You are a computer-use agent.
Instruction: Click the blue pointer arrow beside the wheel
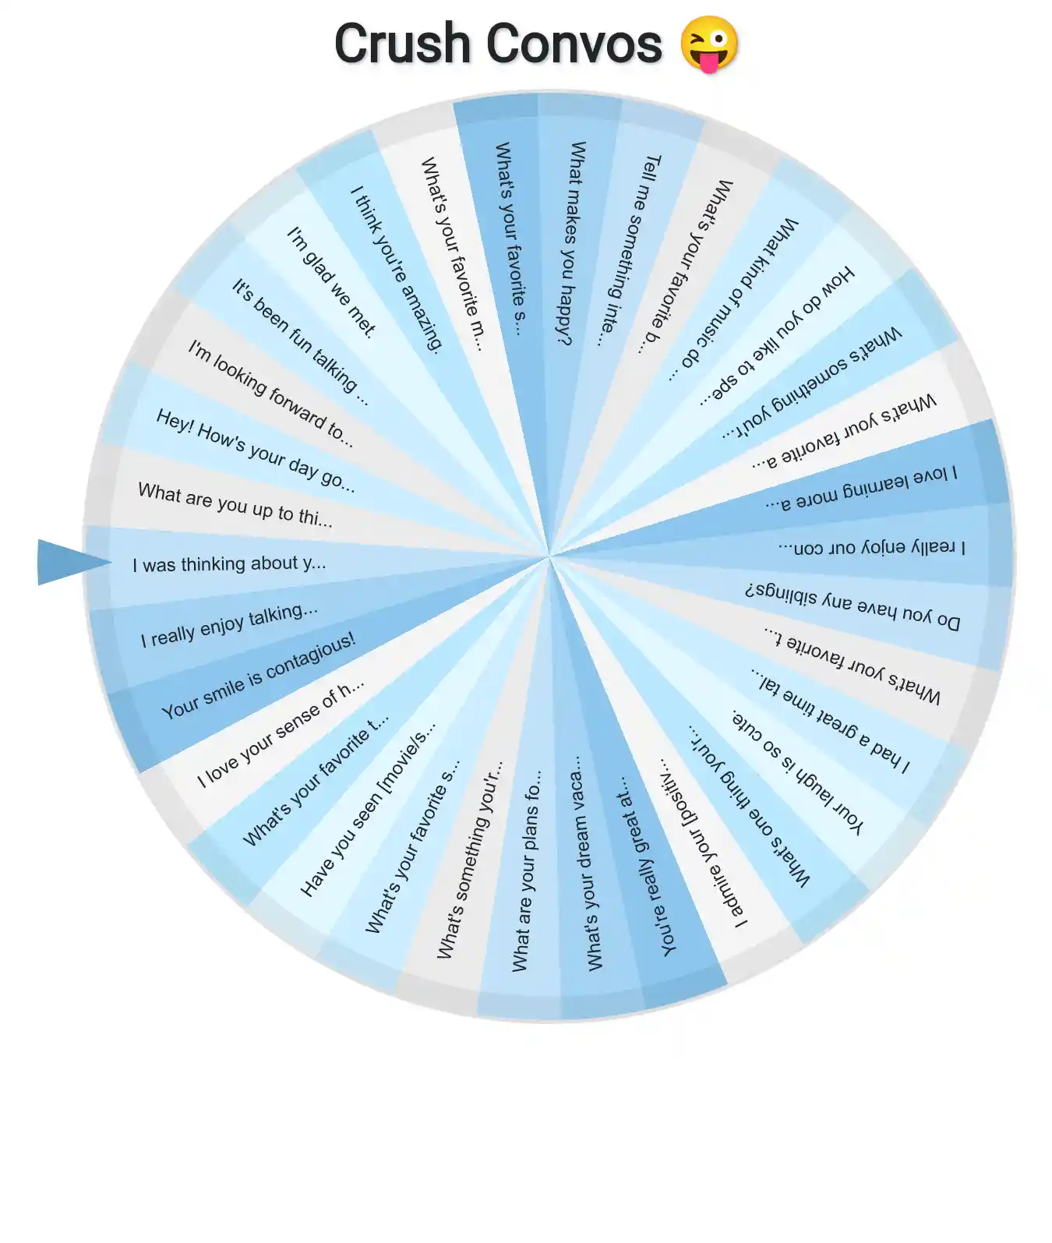coord(70,562)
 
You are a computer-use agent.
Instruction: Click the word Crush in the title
coord(403,44)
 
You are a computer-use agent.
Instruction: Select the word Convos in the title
coord(574,44)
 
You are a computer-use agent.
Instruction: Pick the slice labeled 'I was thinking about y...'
coord(229,563)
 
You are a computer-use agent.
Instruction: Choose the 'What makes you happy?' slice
coord(573,242)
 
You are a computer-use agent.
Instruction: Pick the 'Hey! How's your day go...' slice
coord(255,450)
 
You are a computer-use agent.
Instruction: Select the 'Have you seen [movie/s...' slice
coord(367,811)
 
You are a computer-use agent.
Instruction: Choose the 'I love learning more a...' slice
coord(860,486)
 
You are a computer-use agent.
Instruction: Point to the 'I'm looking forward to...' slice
coord(270,393)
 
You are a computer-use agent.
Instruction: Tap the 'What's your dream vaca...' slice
coord(588,863)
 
